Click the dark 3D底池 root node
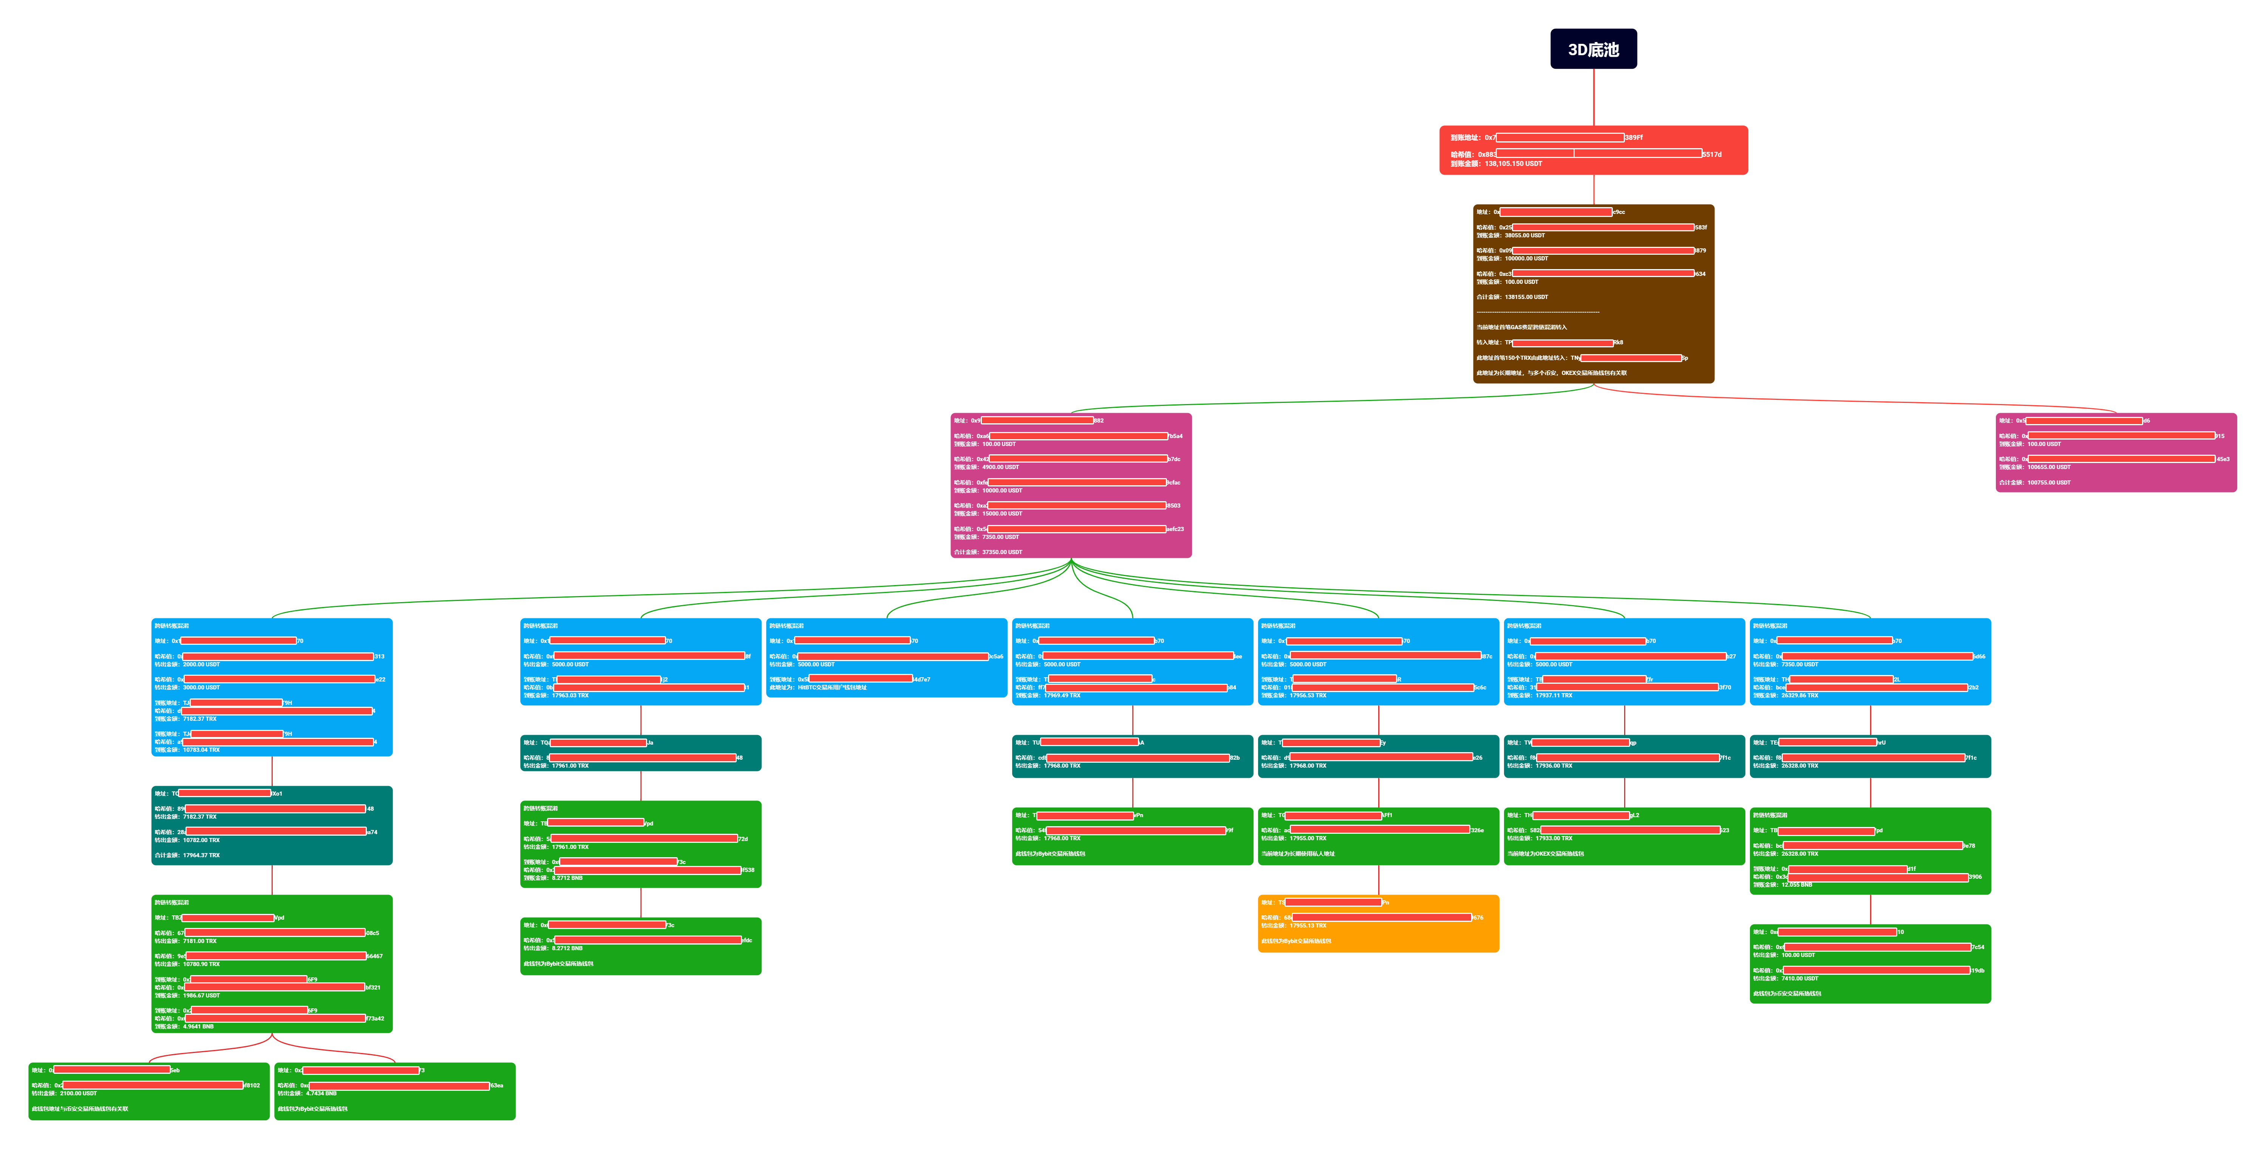click(x=1593, y=49)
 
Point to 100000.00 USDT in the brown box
click(x=1526, y=259)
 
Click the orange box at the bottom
click(x=1377, y=924)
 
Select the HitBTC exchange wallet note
click(x=818, y=688)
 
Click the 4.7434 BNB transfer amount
click(x=321, y=1093)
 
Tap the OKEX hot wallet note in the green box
click(x=1546, y=853)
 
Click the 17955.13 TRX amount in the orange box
click(x=1308, y=926)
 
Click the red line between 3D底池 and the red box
click(x=1593, y=97)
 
